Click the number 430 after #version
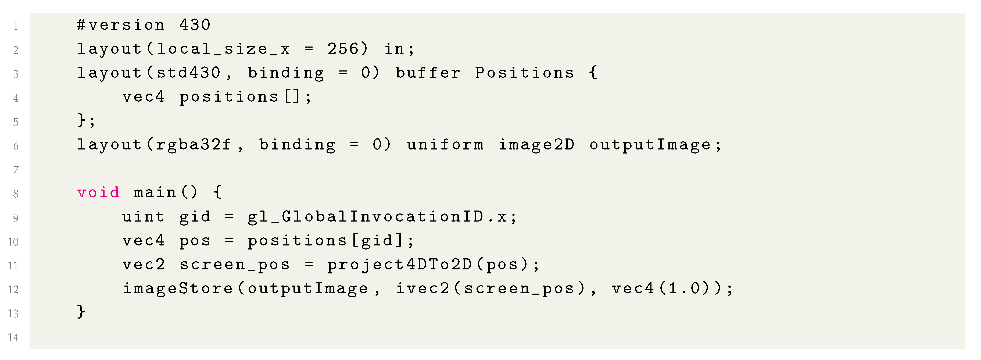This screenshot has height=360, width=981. coord(195,25)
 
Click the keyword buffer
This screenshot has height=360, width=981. coord(428,73)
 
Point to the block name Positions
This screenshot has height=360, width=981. coord(524,73)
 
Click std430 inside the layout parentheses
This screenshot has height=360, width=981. coord(188,73)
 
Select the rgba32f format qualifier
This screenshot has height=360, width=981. coord(194,145)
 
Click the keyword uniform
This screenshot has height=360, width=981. coord(445,145)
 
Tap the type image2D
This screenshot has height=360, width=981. coord(536,145)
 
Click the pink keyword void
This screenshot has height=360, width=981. coord(98,193)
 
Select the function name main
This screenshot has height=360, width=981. coord(155,193)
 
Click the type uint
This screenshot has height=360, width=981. coord(143,217)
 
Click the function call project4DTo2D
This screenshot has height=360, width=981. coord(399,264)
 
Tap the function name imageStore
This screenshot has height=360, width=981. coord(177,288)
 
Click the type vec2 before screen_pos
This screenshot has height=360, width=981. coord(143,264)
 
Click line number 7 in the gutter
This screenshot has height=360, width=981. coord(16,170)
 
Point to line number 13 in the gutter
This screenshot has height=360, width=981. coord(13,313)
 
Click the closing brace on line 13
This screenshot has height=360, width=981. coord(81,312)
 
